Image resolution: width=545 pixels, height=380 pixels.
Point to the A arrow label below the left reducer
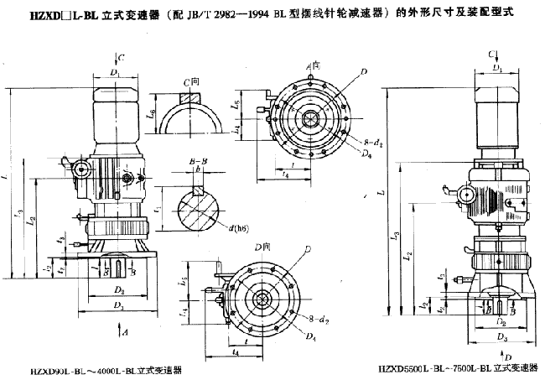tap(124, 333)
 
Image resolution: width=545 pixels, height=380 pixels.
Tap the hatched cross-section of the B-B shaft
tap(199, 204)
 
